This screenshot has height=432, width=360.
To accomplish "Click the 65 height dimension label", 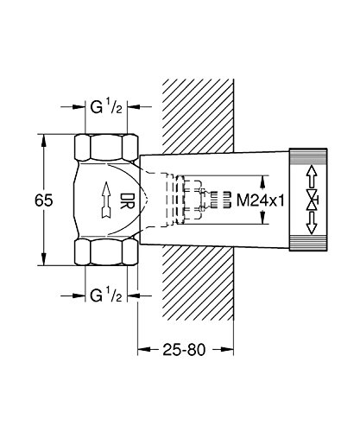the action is point(44,200).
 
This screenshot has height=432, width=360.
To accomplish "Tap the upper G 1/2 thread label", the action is point(106,107).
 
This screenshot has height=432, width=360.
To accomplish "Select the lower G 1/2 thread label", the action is point(106,295).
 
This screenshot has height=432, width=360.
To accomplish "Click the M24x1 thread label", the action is point(261,200).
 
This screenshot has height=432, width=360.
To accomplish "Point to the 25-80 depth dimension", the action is point(185,350).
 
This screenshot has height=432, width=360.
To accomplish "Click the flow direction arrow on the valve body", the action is point(106,200).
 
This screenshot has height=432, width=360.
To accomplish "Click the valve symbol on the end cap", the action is point(312,200).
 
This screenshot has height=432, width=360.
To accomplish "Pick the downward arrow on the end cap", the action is point(312,223).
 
